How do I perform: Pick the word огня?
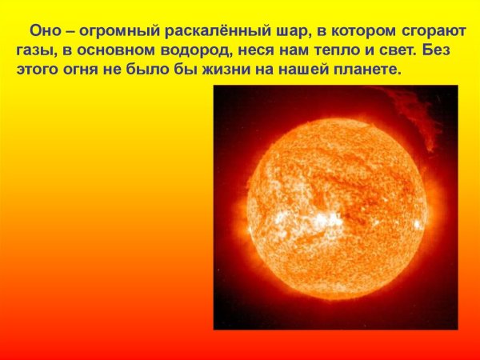click(x=86, y=70)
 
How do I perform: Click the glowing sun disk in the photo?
click(x=335, y=208)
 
